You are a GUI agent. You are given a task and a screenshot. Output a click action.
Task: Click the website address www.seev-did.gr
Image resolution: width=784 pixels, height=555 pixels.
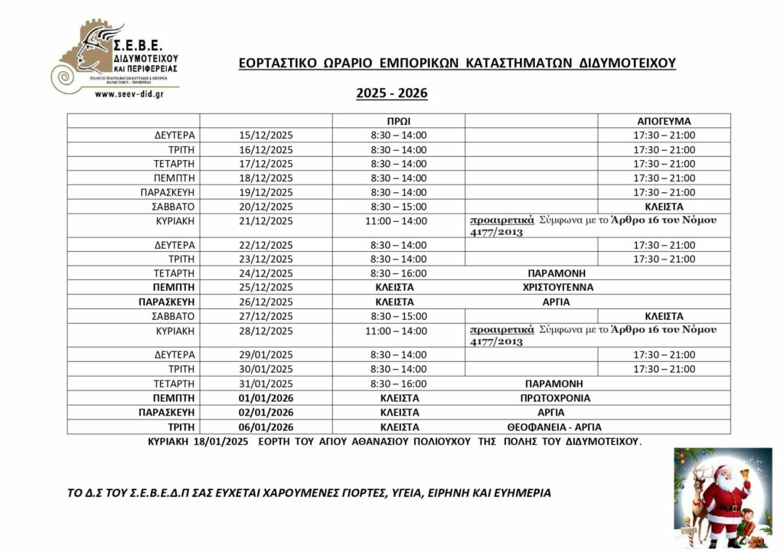[x=127, y=94]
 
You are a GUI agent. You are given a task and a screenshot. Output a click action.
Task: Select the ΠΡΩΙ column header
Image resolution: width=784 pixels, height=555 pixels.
[x=398, y=121]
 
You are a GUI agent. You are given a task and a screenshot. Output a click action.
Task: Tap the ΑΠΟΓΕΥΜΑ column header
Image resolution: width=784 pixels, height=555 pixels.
[x=664, y=121]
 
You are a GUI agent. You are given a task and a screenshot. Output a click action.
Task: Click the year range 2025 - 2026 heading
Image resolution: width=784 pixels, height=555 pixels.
[x=391, y=93]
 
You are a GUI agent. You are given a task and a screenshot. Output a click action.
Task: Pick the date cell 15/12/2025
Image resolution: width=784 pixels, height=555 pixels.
[x=266, y=135]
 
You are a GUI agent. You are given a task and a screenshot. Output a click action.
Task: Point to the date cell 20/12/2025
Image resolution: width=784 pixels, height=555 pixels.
[x=266, y=207]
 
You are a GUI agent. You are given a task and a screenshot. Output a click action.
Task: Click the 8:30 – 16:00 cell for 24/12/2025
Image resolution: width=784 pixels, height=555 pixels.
[x=398, y=273]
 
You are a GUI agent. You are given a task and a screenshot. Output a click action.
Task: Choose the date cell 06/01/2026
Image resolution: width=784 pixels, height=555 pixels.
[x=266, y=426]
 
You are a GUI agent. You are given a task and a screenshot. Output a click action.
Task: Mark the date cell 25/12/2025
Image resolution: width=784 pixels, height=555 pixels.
[x=266, y=288]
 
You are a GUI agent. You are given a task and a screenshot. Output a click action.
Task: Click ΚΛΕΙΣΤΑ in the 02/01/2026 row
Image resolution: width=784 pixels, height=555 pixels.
[x=398, y=413]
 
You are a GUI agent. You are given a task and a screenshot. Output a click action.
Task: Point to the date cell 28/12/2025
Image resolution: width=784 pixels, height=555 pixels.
[x=266, y=331]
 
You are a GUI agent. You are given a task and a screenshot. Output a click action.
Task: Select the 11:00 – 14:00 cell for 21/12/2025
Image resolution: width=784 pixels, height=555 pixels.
[x=398, y=220]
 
